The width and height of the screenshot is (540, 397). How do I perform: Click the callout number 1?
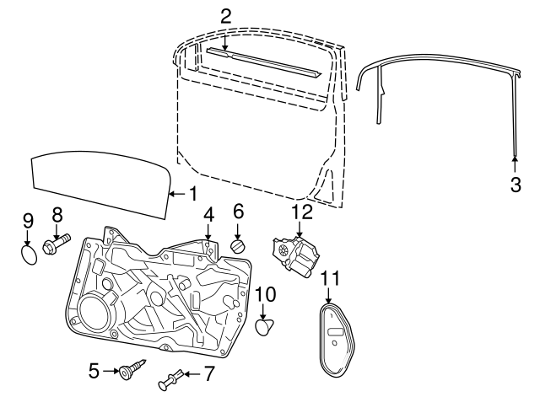tap(192, 193)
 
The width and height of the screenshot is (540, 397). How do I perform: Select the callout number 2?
tap(225, 15)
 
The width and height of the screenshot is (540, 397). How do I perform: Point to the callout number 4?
tap(208, 217)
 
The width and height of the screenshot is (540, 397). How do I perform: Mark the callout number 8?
tap(57, 213)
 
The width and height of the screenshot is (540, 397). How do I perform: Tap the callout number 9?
tap(27, 221)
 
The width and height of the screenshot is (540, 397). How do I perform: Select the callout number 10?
tap(265, 294)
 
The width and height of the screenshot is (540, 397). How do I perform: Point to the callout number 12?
tap(302, 212)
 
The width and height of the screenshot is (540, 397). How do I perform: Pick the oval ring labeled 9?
tap(29, 253)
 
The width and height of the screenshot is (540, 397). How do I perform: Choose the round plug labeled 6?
tap(239, 245)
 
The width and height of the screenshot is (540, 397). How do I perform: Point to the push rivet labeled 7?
tap(176, 377)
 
